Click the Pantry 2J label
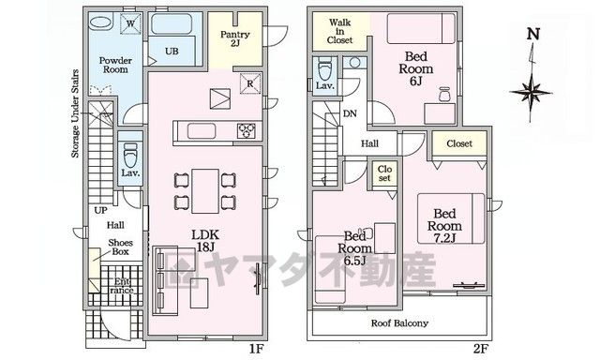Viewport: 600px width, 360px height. point(234,38)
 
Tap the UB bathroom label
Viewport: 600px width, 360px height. point(172,51)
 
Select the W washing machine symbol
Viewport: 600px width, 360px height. point(130,23)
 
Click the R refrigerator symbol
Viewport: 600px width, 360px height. point(250,83)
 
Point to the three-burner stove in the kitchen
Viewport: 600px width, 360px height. point(247,131)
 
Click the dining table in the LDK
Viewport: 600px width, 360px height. point(205,191)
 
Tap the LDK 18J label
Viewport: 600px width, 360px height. point(205,241)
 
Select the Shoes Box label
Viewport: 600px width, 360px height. point(121,247)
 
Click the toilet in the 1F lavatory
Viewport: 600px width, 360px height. point(130,155)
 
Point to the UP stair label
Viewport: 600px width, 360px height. point(100,210)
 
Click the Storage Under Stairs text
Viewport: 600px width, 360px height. point(75,113)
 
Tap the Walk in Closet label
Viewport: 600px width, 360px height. point(339,31)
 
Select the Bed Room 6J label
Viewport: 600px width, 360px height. point(416,68)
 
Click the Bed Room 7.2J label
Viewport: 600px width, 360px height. point(444,226)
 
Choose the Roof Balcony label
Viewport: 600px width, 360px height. point(399,323)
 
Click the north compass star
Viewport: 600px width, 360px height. point(531,92)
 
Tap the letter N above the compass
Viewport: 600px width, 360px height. point(533,34)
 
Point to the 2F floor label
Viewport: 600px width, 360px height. point(481,349)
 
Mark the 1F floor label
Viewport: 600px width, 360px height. point(256,349)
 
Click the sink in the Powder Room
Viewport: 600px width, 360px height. point(100,22)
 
